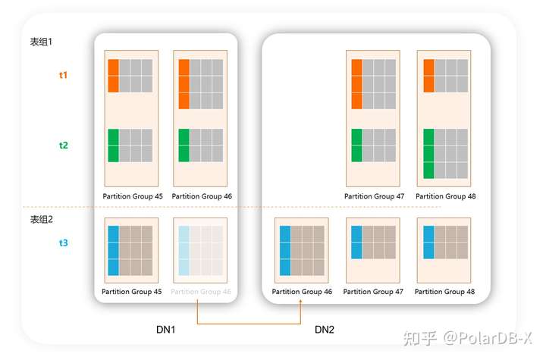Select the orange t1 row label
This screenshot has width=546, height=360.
(x=63, y=75)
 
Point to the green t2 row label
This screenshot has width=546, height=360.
(x=63, y=145)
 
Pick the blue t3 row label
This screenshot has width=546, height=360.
(x=63, y=243)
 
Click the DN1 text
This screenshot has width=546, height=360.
(x=166, y=330)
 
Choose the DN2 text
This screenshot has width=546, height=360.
(x=325, y=330)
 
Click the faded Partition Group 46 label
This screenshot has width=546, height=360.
(x=201, y=292)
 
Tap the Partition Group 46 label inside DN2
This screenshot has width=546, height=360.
(x=302, y=292)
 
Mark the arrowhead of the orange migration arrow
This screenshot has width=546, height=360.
(x=302, y=301)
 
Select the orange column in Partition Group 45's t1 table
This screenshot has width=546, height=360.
(x=114, y=75)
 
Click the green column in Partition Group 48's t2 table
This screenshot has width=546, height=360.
(x=428, y=154)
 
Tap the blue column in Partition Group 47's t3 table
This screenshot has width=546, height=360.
(x=356, y=243)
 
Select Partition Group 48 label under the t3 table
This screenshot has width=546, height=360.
(x=444, y=292)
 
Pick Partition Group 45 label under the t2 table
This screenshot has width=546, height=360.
(x=133, y=196)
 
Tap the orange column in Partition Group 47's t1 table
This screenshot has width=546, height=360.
(x=356, y=83)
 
